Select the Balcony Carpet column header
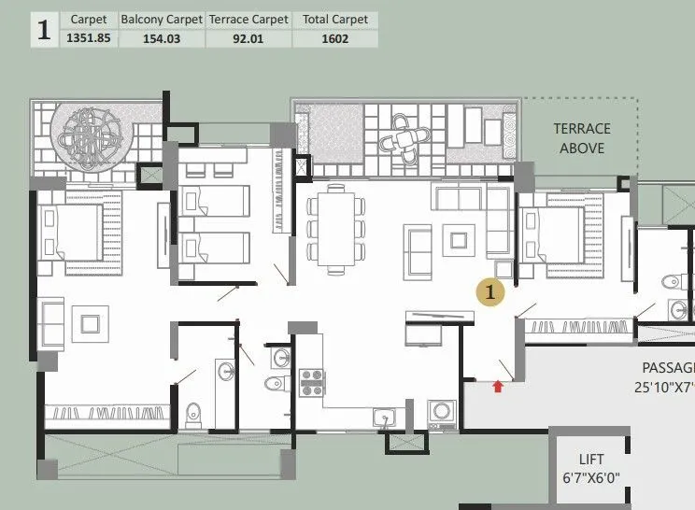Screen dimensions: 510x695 (160, 19)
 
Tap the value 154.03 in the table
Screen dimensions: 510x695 (160, 38)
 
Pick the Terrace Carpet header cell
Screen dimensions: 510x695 (248, 19)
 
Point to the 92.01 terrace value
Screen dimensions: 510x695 (248, 38)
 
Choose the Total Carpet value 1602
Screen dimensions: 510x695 (334, 38)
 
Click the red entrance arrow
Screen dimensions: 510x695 (499, 384)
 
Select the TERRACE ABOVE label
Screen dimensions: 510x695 (581, 138)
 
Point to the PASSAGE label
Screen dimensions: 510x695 (667, 368)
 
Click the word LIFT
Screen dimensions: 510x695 (591, 460)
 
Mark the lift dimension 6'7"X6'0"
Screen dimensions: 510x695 (591, 477)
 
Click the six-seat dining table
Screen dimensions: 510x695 (333, 228)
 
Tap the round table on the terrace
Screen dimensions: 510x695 (404, 140)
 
